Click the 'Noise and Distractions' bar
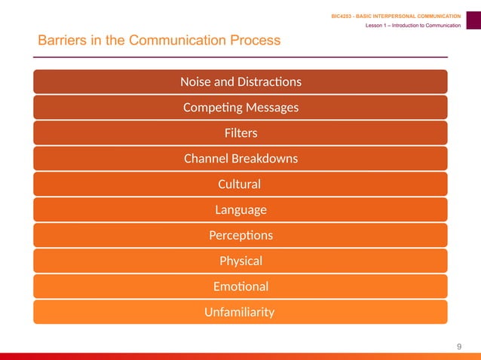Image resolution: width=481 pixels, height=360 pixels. [x=240, y=81]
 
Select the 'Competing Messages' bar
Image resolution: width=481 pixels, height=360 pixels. [x=240, y=107]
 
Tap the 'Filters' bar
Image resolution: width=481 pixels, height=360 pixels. [x=240, y=133]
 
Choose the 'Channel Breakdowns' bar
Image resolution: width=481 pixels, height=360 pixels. [x=240, y=158]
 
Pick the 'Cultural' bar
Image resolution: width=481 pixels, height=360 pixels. [x=240, y=184]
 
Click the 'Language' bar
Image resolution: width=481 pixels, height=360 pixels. [x=240, y=209]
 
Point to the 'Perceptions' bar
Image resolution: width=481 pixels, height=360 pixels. [x=240, y=235]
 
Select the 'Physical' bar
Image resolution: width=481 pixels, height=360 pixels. [x=240, y=261]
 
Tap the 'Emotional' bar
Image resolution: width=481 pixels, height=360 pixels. [x=240, y=286]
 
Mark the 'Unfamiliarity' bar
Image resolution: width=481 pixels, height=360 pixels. [x=240, y=312]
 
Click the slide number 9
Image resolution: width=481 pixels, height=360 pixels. [x=459, y=346]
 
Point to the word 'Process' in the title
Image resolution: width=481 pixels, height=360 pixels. [x=255, y=40]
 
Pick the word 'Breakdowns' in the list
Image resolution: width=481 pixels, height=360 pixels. [x=265, y=158]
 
